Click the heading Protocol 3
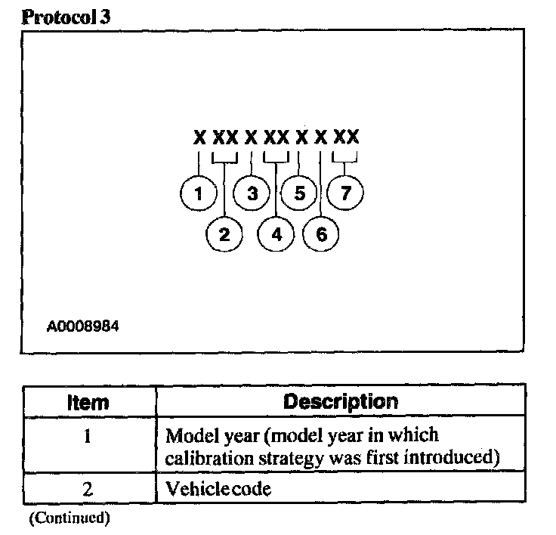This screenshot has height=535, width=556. tap(66, 17)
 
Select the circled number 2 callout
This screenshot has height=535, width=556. tap(224, 234)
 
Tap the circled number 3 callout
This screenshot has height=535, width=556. tap(252, 193)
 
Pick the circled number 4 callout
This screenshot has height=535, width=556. tap(276, 234)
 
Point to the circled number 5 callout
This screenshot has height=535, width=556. tap(299, 193)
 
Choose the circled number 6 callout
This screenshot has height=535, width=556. tap(322, 234)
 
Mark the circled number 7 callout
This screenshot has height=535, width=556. tap(346, 193)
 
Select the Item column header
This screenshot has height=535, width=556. tap(88, 402)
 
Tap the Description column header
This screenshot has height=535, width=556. tap(340, 401)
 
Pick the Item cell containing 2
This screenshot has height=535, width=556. tap(88, 489)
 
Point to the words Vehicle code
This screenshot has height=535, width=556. tap(218, 489)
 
